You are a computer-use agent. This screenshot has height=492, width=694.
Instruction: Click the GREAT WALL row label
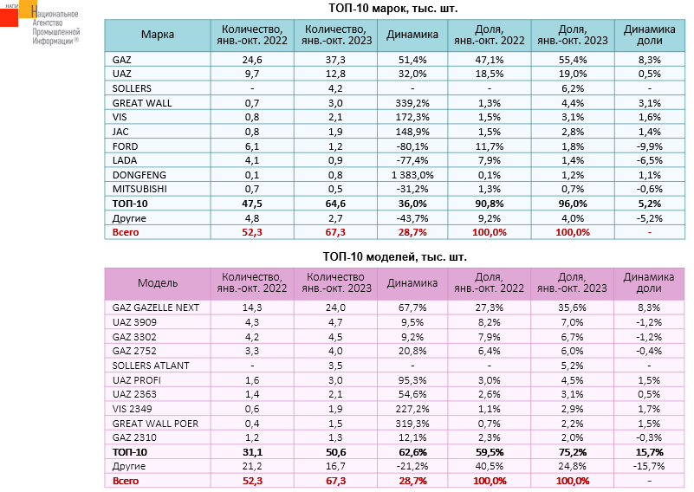pyautogui.click(x=142, y=102)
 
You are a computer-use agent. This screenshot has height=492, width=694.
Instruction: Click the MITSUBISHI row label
pyautogui.click(x=139, y=188)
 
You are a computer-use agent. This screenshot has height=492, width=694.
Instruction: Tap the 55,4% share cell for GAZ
pyautogui.click(x=572, y=60)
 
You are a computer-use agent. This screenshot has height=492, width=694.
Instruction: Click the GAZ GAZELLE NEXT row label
pyautogui.click(x=156, y=307)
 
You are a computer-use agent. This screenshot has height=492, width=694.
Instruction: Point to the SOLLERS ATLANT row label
pyautogui.click(x=150, y=365)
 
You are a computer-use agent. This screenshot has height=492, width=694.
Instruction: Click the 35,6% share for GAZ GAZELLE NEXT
pyautogui.click(x=572, y=307)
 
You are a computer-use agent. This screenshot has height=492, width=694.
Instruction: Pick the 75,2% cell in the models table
pyautogui.click(x=572, y=451)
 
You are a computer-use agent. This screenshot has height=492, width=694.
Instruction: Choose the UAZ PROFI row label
pyautogui.click(x=136, y=379)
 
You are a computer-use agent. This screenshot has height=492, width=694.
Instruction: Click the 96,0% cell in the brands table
pyautogui.click(x=572, y=203)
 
